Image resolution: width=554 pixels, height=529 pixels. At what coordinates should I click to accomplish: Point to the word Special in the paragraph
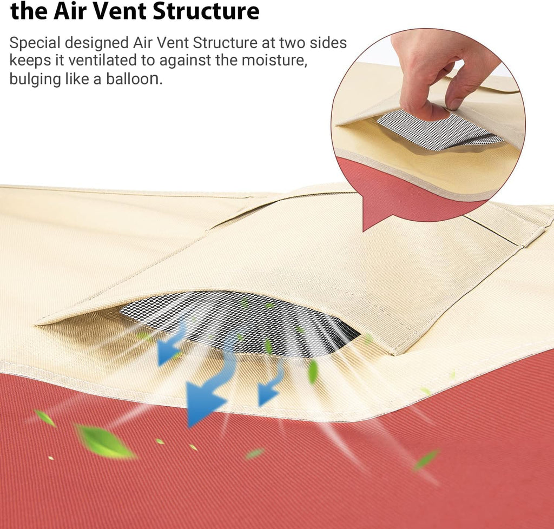pyautogui.click(x=35, y=43)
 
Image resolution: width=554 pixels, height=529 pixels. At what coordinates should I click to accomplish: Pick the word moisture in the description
pyautogui.click(x=273, y=60)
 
